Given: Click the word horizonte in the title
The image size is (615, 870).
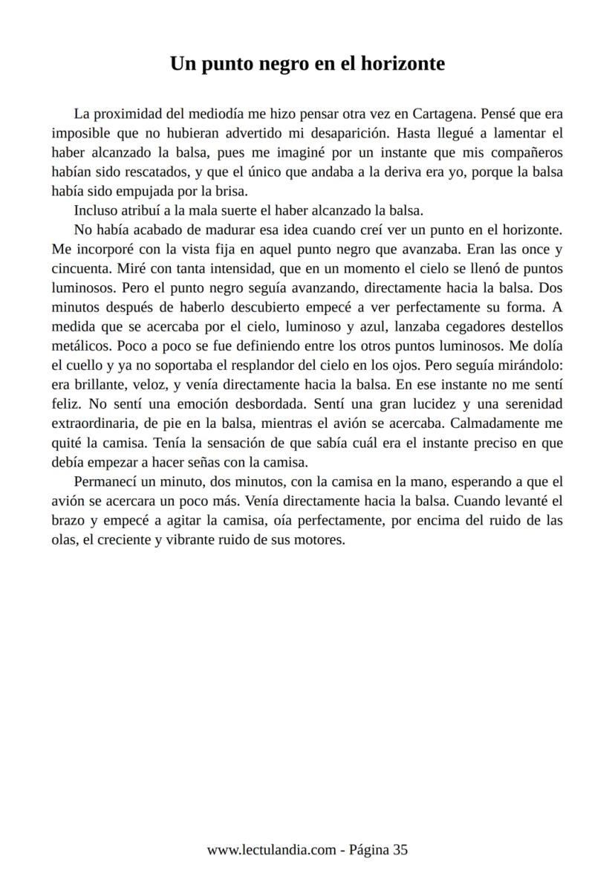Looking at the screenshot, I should pyautogui.click(x=403, y=64).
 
